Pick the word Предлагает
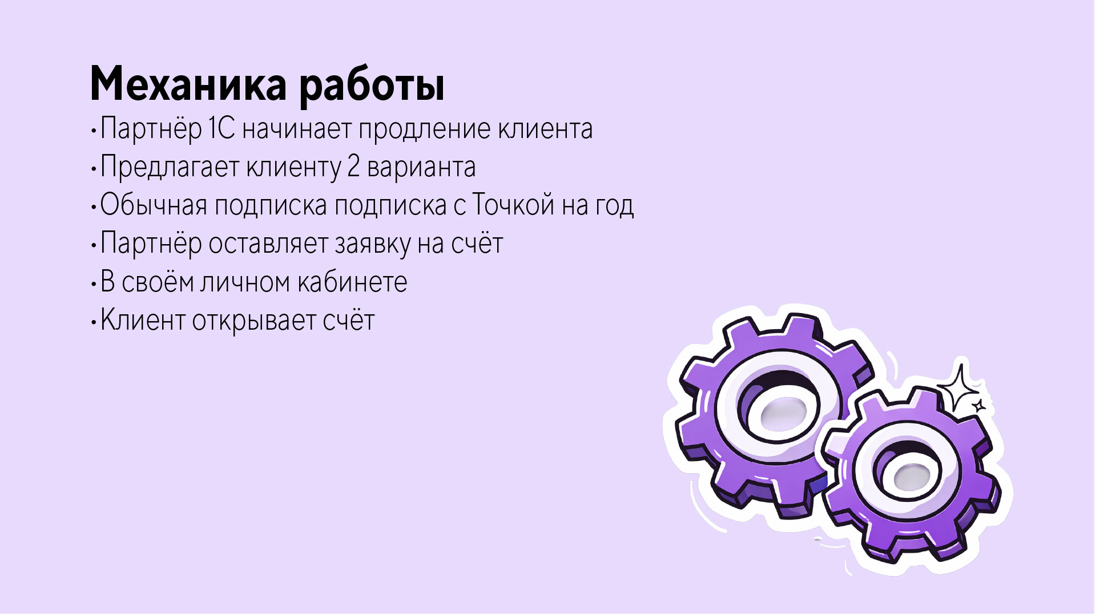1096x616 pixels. tap(170, 168)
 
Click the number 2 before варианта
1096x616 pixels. tap(353, 167)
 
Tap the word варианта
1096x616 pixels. tap(421, 168)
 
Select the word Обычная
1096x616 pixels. tap(154, 205)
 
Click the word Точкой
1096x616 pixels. tap(513, 205)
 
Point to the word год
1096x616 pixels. tap(614, 205)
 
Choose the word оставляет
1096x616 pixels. tap(268, 244)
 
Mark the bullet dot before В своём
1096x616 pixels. tap(93, 283)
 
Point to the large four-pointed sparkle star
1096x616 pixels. tap(960, 387)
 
